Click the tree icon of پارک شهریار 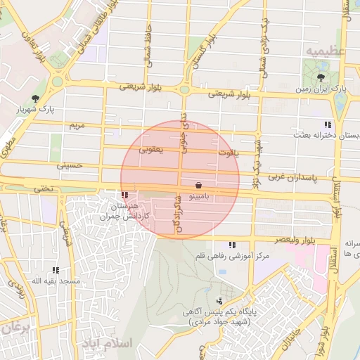click(36, 98)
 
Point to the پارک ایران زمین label click(330, 90)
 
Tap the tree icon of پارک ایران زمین click(321, 77)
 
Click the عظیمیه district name click(324, 51)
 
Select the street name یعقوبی click(151, 149)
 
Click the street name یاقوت click(229, 152)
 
